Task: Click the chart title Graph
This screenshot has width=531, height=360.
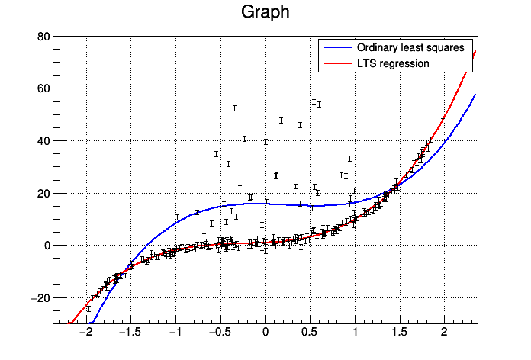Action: pos(265,13)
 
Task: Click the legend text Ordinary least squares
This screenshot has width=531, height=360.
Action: pos(410,47)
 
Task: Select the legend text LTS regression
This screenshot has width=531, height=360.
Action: pos(393,63)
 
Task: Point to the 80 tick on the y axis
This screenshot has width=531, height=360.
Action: pos(43,37)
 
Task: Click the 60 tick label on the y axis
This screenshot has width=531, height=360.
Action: pos(43,88)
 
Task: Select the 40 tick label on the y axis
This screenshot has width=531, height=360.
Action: pos(43,141)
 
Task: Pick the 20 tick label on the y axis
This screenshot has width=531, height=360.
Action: pos(43,194)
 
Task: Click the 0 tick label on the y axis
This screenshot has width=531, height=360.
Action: pos(46,246)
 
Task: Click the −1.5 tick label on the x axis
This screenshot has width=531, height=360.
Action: pos(130,333)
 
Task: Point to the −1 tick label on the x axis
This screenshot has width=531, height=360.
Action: pos(175,333)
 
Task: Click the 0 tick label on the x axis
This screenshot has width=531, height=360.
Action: pos(265,333)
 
